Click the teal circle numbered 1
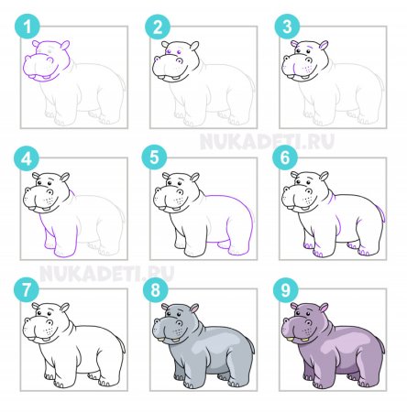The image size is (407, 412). [x=27, y=27]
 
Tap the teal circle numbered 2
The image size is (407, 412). [x=158, y=27]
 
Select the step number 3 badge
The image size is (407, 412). [x=287, y=27]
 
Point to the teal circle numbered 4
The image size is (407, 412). [x=27, y=158]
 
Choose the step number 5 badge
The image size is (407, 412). [x=155, y=158]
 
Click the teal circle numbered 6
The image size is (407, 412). [x=285, y=158]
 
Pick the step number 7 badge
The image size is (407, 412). [x=27, y=289]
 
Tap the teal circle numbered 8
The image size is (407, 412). [x=156, y=289]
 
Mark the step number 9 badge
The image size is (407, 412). [x=286, y=289]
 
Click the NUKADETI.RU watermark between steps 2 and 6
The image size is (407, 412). [x=267, y=141]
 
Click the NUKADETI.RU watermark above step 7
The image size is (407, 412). [x=107, y=273]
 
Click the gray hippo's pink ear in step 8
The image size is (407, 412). [x=194, y=309]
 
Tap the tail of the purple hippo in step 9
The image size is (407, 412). [x=381, y=345]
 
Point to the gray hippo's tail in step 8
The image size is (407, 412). [x=252, y=345]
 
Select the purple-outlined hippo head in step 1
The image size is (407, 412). [x=47, y=60]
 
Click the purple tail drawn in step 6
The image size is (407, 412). [x=381, y=213]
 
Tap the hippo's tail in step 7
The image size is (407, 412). [x=122, y=345]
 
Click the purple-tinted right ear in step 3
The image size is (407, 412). [x=324, y=46]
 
